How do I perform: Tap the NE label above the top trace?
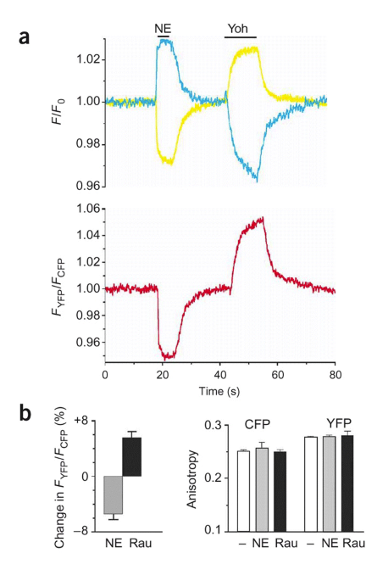[164, 28]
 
